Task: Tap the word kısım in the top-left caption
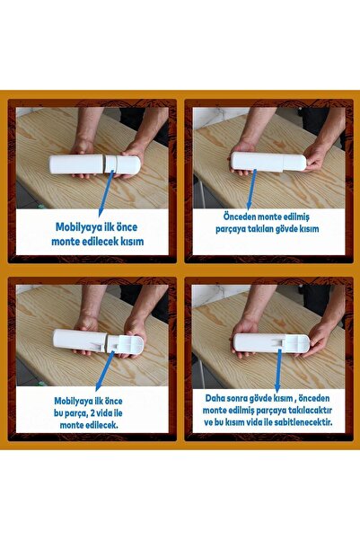click(x=132, y=241)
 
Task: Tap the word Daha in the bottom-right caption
click(x=215, y=398)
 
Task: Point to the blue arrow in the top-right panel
click(x=252, y=190)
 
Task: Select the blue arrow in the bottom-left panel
click(x=104, y=371)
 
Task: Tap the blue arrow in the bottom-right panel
click(x=278, y=370)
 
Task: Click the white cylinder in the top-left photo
click(x=95, y=164)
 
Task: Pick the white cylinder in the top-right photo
click(x=268, y=162)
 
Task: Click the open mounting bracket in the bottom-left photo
click(x=126, y=345)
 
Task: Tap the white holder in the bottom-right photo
click(x=272, y=342)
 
